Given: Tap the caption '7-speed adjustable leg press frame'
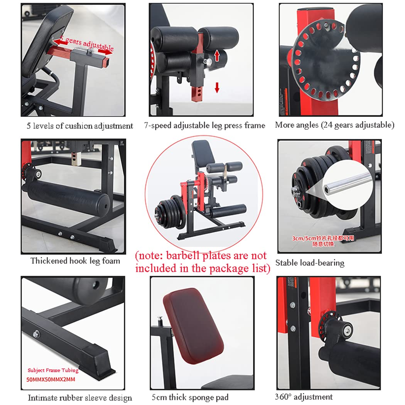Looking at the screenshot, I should click(x=205, y=125).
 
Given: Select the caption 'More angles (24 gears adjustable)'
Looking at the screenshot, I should click(x=334, y=125).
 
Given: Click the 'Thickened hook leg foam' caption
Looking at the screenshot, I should click(x=75, y=261).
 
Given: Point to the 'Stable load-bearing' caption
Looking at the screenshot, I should click(x=310, y=263).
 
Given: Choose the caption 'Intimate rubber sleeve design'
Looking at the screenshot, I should click(x=80, y=398).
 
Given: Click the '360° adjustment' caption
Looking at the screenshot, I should click(x=304, y=397).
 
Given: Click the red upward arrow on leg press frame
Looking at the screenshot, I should click(x=217, y=55).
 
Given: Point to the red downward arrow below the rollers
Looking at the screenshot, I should click(x=217, y=88).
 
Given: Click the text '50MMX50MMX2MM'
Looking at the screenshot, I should click(x=51, y=380).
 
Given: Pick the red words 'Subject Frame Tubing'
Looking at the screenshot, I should click(x=52, y=370).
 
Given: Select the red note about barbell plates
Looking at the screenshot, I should click(x=201, y=262).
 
